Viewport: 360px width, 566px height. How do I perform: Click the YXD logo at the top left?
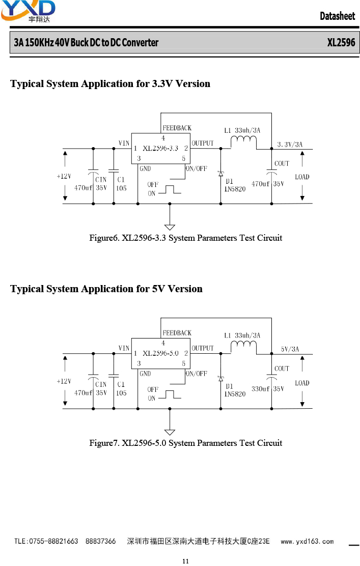coord(28,11)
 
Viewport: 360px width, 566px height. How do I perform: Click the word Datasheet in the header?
coord(337,16)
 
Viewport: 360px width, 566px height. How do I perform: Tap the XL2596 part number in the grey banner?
coord(341,43)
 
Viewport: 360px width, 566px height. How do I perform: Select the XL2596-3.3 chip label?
coord(160,148)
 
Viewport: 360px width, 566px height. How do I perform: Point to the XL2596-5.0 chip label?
coord(160,353)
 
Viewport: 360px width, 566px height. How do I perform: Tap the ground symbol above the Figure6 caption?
coord(170,227)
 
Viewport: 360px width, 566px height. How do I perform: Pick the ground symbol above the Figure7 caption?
coord(170,432)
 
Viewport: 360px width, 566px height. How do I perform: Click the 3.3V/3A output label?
coord(290,145)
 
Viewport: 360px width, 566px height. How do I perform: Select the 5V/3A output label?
coord(290,349)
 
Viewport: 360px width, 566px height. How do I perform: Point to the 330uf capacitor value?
coord(260,389)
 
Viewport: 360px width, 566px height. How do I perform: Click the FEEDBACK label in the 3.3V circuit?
coord(177,128)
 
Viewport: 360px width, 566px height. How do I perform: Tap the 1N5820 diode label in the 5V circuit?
coord(235,394)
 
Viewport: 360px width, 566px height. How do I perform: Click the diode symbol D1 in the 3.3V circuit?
coord(220,174)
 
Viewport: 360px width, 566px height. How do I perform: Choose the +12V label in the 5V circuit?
coord(64,381)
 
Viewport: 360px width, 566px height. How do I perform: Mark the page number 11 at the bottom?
coord(185,561)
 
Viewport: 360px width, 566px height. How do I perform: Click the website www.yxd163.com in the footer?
coord(307,541)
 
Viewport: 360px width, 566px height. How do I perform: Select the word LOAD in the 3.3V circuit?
coord(302,177)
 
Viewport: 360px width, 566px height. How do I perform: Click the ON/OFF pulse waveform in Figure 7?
coord(170,394)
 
